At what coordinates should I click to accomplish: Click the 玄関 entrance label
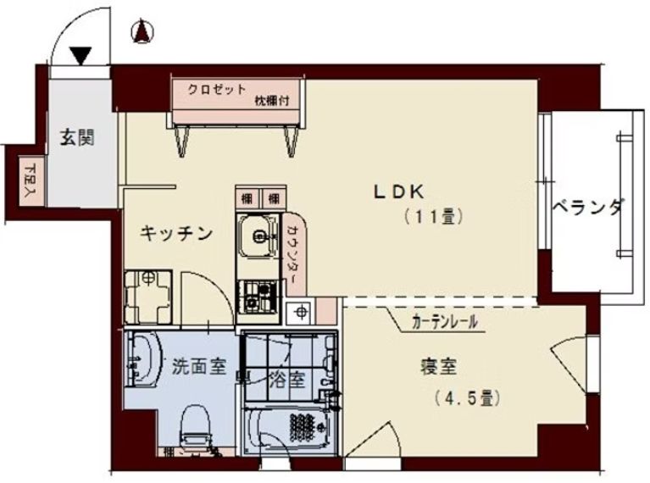click(76, 136)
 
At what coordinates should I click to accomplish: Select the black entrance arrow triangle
click(81, 57)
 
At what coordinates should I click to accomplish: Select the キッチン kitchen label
click(175, 234)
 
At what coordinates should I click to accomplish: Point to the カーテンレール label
click(443, 322)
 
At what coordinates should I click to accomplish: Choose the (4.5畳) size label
click(463, 396)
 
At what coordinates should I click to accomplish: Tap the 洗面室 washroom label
click(198, 367)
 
